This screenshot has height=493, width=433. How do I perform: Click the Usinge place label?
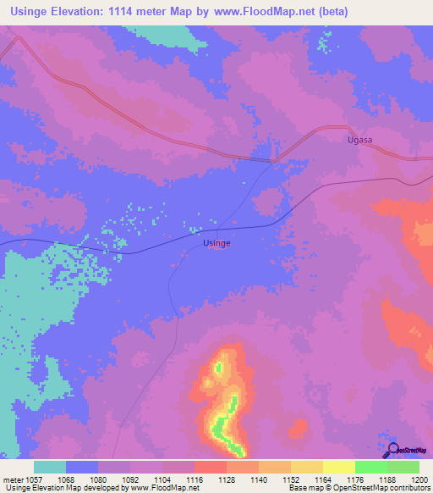click(x=217, y=243)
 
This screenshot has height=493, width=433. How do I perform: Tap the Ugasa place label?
click(x=360, y=139)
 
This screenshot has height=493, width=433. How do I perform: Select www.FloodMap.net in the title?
click(x=266, y=12)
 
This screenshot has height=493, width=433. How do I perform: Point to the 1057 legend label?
click(x=32, y=479)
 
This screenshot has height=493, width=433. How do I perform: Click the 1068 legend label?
click(x=66, y=479)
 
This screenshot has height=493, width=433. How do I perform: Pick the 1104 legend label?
click(x=162, y=479)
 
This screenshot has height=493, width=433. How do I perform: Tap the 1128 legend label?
click(x=226, y=479)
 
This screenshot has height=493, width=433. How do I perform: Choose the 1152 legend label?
click(x=290, y=479)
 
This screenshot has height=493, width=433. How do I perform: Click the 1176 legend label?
click(x=354, y=479)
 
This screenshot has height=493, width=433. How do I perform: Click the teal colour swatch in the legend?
click(x=50, y=467)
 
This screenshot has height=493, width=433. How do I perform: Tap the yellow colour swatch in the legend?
click(x=338, y=467)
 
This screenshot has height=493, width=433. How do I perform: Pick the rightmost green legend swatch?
click(x=403, y=467)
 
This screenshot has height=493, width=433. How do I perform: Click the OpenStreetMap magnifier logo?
click(x=393, y=449)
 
